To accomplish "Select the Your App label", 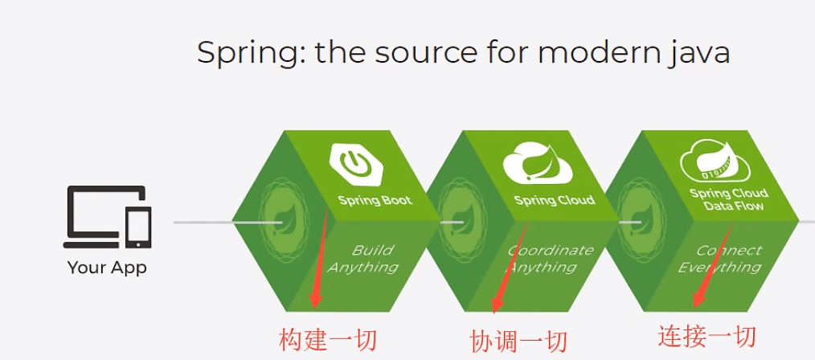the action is tap(107, 268).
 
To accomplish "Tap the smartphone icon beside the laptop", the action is tap(138, 227).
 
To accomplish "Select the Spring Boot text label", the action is tap(375, 201).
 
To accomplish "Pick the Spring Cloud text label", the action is tap(554, 201).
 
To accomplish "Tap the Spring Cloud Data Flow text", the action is tap(728, 199).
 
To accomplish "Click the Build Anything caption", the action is tap(362, 259).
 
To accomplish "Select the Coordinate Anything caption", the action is tap(543, 259).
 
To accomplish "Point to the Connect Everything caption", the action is tap(720, 259).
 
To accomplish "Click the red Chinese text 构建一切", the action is tap(327, 340).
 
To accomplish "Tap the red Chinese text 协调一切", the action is tap(518, 342).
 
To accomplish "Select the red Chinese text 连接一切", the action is tap(706, 336).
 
